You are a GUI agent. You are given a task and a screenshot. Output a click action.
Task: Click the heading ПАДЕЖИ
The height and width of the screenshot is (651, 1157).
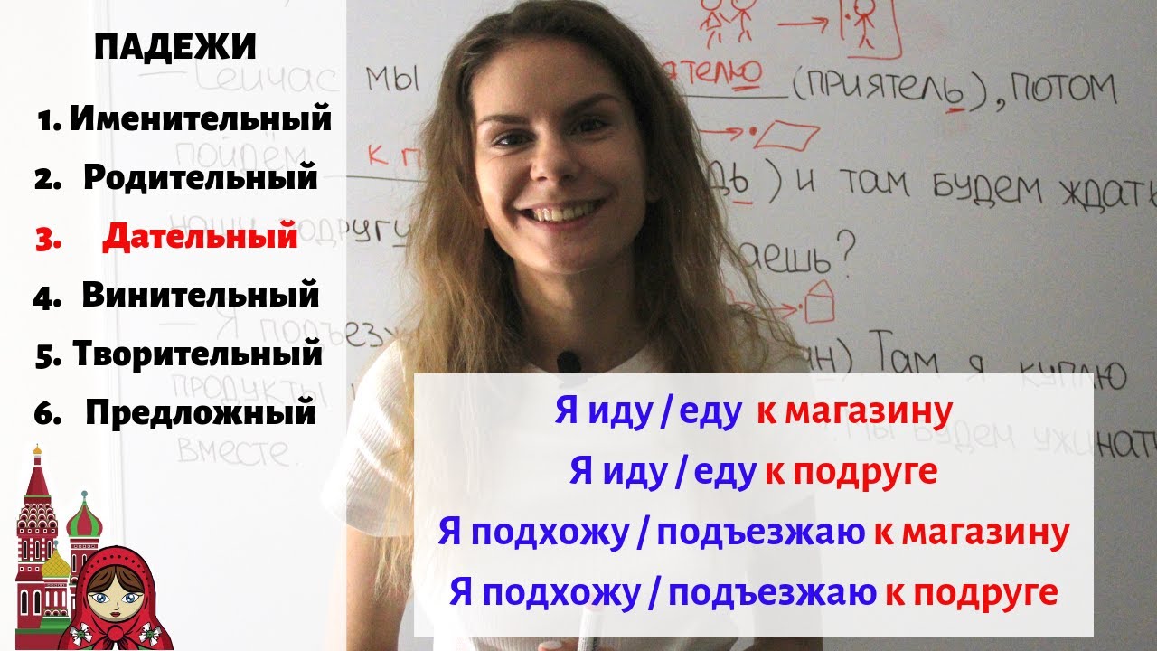coord(175,47)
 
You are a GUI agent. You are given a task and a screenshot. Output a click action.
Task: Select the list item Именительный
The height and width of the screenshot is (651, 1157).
coord(200,118)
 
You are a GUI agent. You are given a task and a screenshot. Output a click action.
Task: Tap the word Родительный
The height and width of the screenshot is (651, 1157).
coord(201,177)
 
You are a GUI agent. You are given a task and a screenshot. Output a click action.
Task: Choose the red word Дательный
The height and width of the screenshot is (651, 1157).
coord(200,236)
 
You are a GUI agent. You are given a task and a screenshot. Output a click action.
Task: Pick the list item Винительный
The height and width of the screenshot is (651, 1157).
coord(201,295)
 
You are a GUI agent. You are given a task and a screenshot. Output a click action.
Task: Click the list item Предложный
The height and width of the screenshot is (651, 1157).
coord(201,412)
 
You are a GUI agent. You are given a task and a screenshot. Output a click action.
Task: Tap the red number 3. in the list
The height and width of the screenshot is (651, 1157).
coord(46,238)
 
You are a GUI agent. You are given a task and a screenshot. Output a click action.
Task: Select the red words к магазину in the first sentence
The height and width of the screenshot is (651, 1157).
coord(854,412)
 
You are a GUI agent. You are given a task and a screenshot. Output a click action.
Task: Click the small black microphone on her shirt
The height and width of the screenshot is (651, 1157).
coord(569,363)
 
